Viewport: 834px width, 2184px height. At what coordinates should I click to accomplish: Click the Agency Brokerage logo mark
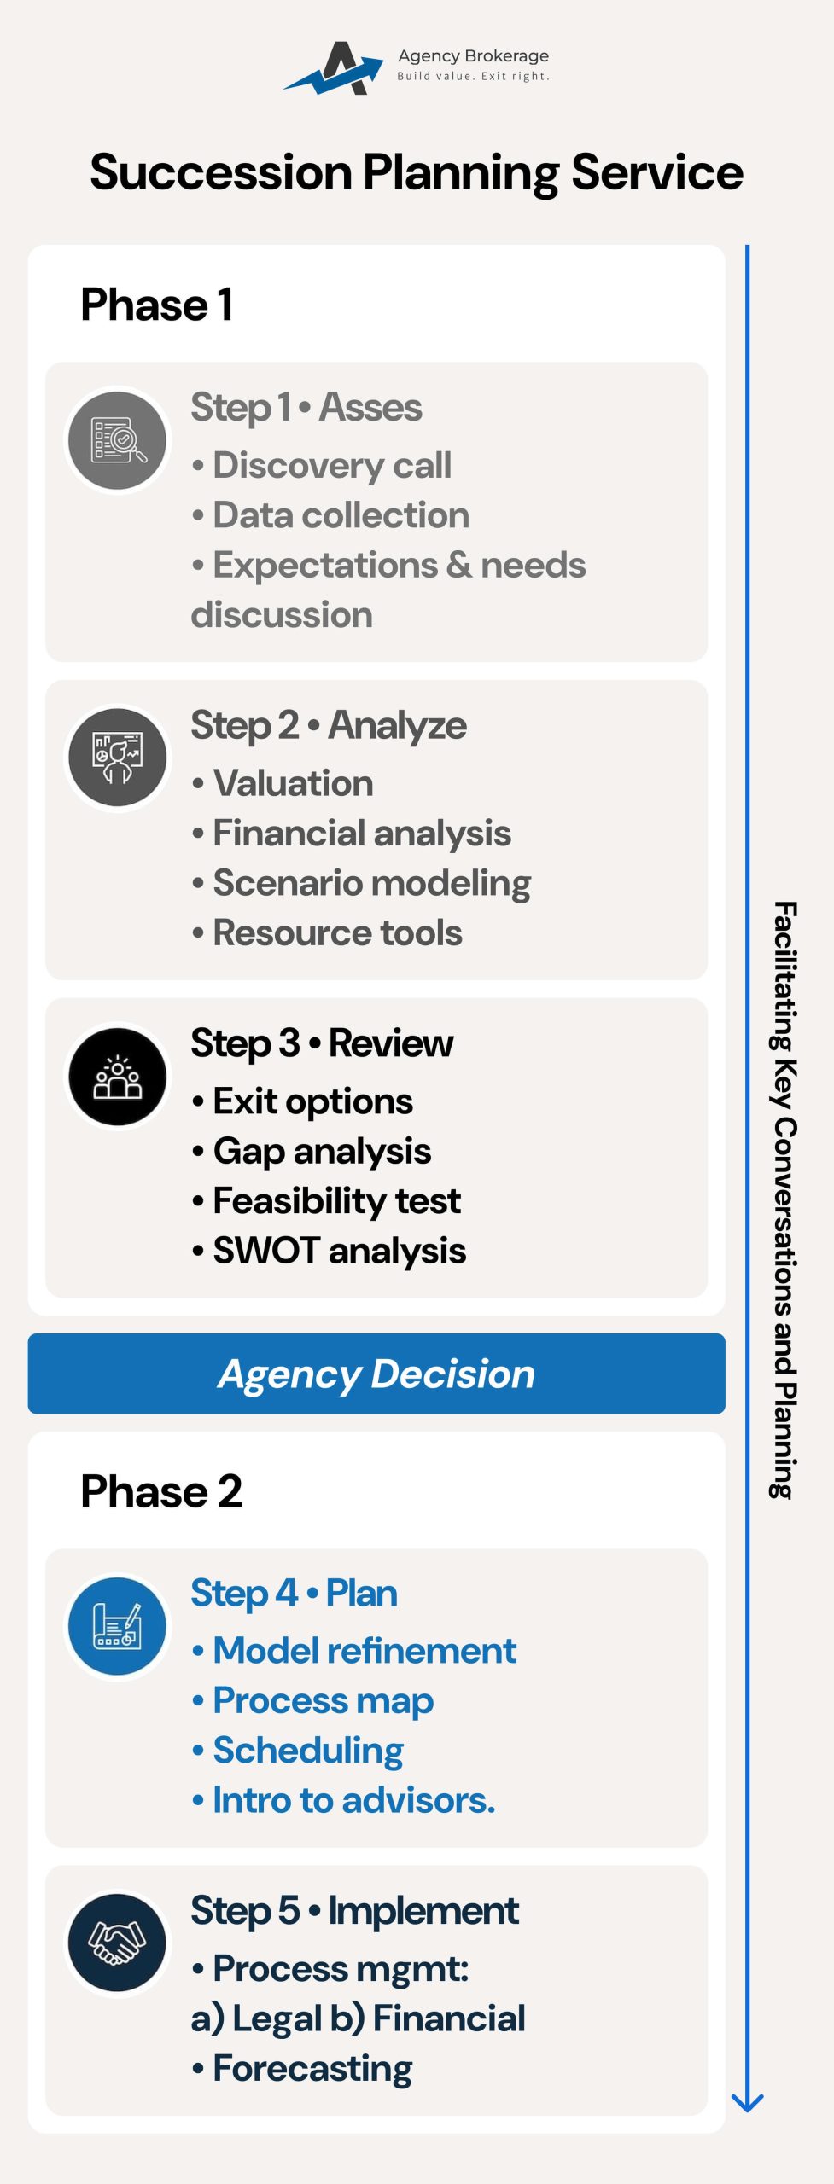[x=334, y=67]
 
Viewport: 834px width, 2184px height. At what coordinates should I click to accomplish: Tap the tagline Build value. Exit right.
[x=473, y=76]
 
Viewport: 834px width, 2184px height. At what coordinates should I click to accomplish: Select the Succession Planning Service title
[x=417, y=172]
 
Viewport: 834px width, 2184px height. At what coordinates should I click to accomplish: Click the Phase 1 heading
[x=157, y=305]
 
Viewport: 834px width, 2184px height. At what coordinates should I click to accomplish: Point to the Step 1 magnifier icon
[x=118, y=440]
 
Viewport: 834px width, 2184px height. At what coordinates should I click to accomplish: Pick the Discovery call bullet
[x=322, y=466]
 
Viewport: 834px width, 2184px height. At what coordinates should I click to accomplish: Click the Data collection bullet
[x=330, y=515]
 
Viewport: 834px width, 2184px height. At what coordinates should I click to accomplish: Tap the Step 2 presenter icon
[x=118, y=758]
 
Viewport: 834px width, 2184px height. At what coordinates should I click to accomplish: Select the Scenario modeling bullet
[x=361, y=884]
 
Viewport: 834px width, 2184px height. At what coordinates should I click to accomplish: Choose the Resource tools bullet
[x=327, y=932]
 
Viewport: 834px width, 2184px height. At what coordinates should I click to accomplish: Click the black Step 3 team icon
[x=118, y=1076]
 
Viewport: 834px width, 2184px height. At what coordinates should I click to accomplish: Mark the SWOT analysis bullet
[x=329, y=1252]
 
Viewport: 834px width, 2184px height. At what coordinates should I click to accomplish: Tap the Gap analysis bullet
[x=312, y=1152]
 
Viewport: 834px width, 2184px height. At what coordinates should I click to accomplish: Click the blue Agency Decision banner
[x=376, y=1374]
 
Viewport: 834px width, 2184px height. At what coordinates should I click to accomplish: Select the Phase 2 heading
[x=161, y=1491]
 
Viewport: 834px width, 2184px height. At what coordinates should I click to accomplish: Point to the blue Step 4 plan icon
[x=118, y=1626]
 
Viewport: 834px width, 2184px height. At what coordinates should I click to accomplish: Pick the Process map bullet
[x=312, y=1701]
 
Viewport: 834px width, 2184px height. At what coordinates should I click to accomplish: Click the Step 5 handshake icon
[x=118, y=1943]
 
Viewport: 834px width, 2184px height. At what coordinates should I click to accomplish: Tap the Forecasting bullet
[x=302, y=2069]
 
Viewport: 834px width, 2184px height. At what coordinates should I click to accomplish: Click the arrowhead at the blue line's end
[x=747, y=2104]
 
